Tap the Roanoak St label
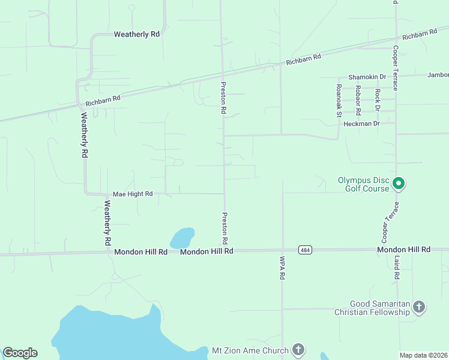pos(339,100)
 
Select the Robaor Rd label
pos(358,100)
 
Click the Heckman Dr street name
pos(362,124)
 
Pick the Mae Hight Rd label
pos(133,194)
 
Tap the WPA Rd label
pos(281,268)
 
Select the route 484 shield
pos(305,250)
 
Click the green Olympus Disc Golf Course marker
pos(398,184)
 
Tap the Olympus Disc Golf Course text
pos(364,184)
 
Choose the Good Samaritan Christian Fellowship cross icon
pos(419,308)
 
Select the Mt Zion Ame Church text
pos(250,350)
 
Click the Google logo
pos(20,353)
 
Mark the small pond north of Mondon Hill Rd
pos(182,238)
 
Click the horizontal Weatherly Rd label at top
pos(136,35)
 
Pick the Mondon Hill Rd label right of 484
pos(403,249)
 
